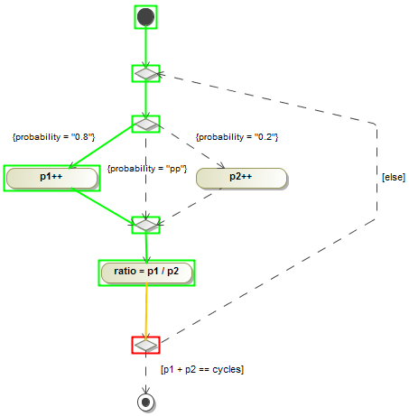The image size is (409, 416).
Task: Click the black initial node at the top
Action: [145, 16]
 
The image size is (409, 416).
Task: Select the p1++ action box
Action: [51, 178]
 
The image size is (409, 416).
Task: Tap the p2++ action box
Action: [241, 178]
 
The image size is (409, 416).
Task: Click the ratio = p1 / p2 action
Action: [145, 272]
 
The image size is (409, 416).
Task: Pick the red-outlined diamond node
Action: [145, 346]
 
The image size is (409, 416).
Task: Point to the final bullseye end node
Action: [145, 401]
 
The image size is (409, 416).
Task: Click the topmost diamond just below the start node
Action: [145, 74]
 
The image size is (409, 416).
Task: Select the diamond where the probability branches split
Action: [145, 124]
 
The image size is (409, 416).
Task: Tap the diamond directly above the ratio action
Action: [145, 224]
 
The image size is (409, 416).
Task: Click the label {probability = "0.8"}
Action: [53, 137]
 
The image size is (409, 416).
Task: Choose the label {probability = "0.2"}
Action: [237, 137]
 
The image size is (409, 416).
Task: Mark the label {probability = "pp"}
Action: [147, 169]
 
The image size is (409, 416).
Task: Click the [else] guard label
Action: [393, 178]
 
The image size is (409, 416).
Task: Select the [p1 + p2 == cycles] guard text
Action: [202, 369]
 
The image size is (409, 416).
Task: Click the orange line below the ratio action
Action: [145, 311]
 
